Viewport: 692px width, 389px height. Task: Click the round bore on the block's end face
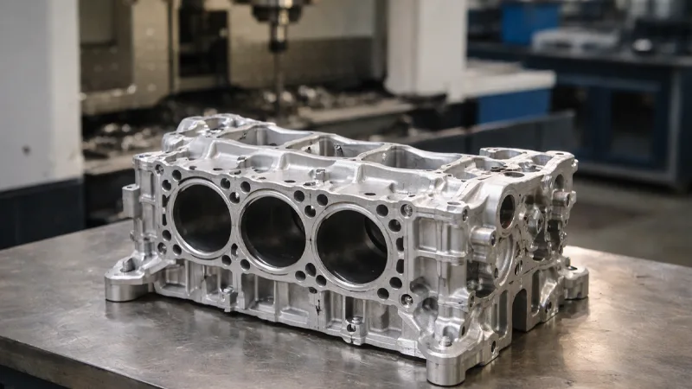(x=507, y=210)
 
